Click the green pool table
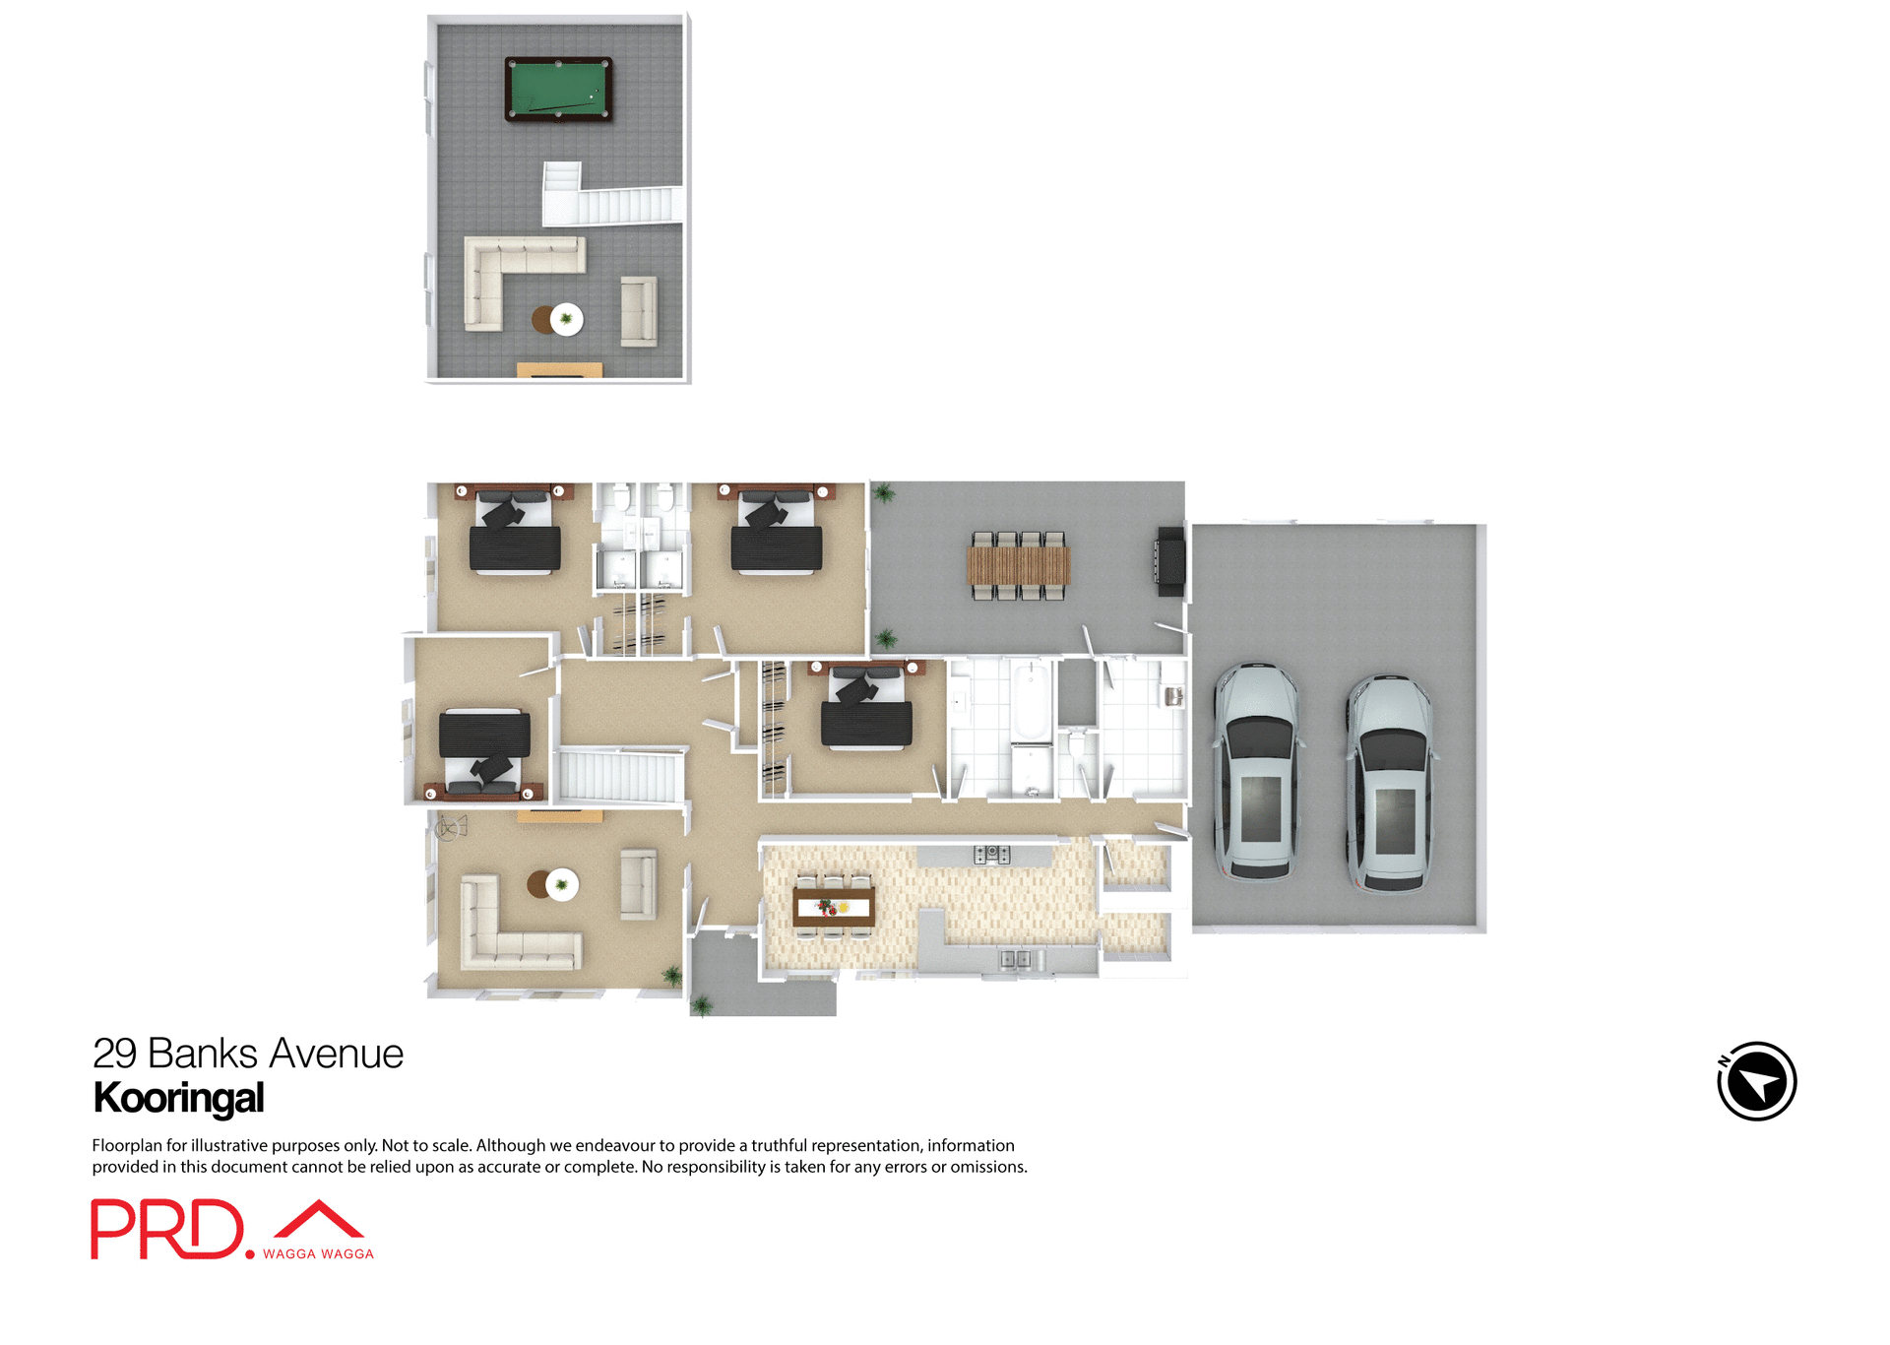[558, 89]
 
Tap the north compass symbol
[1756, 1081]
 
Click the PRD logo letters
[166, 1229]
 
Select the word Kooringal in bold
[178, 1098]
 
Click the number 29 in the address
[114, 1054]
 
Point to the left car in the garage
[1257, 771]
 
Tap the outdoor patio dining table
[1018, 565]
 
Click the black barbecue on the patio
[1169, 561]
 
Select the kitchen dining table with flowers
[833, 907]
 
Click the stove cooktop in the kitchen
[991, 854]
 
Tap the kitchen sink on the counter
[1015, 958]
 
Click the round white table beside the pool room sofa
[566, 319]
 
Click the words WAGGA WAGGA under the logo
[318, 1253]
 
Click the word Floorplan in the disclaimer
[127, 1145]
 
